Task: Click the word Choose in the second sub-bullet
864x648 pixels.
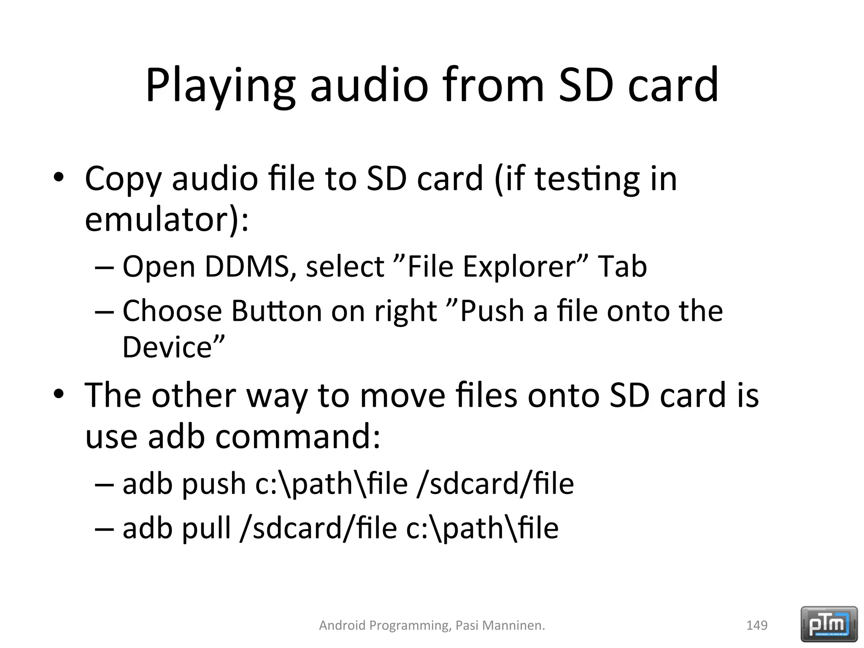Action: click(x=172, y=311)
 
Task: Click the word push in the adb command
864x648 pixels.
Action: click(x=214, y=483)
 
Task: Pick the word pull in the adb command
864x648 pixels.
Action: click(x=206, y=528)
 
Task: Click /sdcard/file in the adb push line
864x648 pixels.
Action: click(x=495, y=483)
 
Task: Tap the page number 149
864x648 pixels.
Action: click(x=757, y=625)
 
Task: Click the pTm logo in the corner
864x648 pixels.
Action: click(x=829, y=624)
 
